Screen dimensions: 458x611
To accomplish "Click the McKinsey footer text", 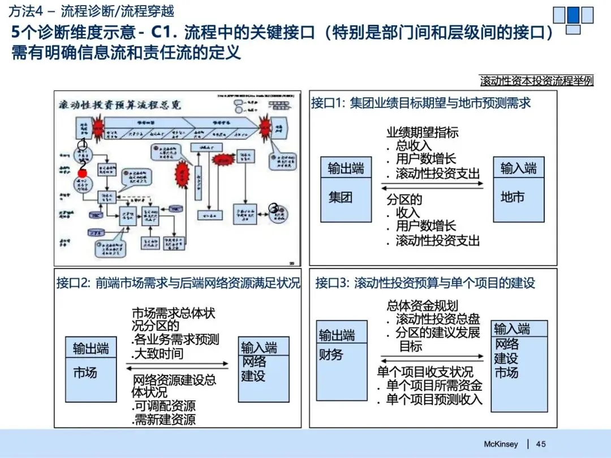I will [501, 444].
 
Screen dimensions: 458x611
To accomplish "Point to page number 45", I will [541, 444].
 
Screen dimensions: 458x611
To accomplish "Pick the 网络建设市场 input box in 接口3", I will [519, 365].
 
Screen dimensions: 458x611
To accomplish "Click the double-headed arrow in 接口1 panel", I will [432, 187].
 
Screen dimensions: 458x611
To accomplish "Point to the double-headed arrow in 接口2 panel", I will [177, 367].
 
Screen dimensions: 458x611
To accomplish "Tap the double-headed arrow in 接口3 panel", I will [432, 357].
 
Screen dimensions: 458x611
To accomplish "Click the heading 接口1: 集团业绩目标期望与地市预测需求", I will [421, 103].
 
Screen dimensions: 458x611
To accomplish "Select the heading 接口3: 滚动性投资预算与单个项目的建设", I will [425, 283].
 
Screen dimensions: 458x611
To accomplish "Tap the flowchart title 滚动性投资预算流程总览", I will [120, 105].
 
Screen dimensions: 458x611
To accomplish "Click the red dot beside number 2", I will [82, 173].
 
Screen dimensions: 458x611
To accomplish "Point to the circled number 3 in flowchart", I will [274, 209].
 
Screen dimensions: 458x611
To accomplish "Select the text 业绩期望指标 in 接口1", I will [422, 132].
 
